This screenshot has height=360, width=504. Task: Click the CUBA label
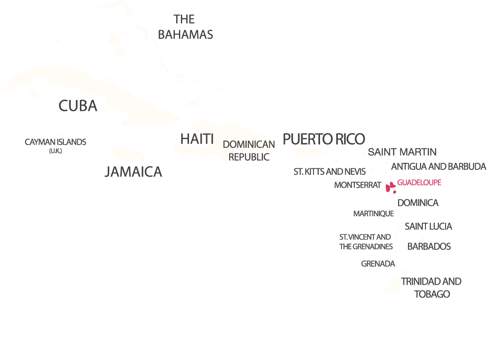coord(78,106)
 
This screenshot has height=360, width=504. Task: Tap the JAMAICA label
coord(133,172)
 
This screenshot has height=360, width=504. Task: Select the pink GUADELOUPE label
coord(419,183)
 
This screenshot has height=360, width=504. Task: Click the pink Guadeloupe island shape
coord(389,187)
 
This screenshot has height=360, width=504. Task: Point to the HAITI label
coord(197,139)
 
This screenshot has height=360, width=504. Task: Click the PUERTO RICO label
coord(324,139)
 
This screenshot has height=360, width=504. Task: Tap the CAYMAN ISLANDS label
coord(55,142)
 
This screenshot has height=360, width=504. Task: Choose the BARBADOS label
coord(429,246)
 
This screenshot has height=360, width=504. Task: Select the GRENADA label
coord(378,264)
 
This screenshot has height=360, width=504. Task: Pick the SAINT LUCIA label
coord(428,226)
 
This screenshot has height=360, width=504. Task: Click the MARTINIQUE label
coord(373,213)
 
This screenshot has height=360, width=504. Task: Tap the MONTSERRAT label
coord(357,185)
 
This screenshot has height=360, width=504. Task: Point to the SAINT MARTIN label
coord(402,152)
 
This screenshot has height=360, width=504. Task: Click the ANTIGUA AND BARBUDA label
coord(438,167)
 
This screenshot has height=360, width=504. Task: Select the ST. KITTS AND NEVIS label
coord(329,172)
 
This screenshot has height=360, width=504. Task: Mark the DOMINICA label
coord(418,203)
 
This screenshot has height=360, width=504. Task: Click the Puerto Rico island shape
coord(309,153)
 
